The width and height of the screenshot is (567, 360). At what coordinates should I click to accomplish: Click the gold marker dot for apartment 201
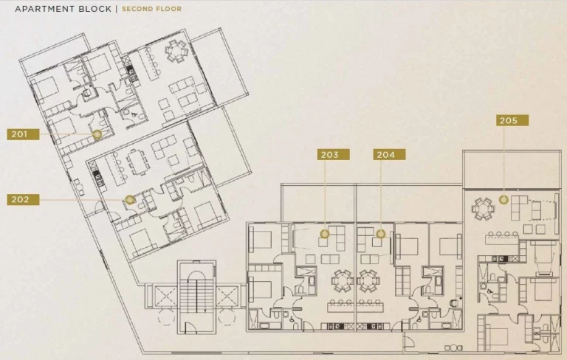(97, 134)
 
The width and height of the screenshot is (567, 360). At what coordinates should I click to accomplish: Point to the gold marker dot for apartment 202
(130, 199)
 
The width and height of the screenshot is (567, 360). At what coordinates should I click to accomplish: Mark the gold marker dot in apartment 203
(325, 234)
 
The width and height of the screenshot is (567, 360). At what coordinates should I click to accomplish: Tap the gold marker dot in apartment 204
(381, 234)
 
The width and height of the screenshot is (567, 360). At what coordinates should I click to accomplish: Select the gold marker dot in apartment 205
(504, 199)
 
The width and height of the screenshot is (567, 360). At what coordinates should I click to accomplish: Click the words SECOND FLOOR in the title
(151, 9)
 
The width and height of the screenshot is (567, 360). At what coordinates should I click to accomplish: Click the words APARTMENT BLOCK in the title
(63, 9)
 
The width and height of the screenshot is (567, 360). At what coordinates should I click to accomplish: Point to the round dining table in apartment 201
(176, 52)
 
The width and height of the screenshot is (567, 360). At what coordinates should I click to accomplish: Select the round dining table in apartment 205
(483, 209)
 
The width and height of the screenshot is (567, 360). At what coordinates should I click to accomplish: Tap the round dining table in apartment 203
(342, 281)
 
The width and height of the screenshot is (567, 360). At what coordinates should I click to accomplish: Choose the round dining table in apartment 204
(368, 281)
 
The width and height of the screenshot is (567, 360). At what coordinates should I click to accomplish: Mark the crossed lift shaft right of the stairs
(227, 297)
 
